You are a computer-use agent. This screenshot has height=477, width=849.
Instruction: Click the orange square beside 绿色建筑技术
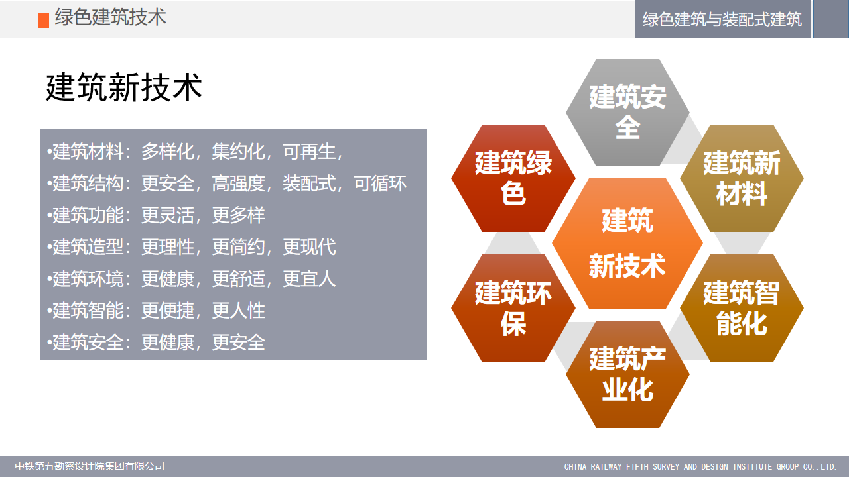(44, 21)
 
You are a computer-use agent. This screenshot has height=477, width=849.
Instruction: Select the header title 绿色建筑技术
(110, 17)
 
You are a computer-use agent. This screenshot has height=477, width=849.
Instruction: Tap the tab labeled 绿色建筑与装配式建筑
(722, 19)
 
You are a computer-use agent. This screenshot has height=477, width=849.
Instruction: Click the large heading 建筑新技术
(124, 87)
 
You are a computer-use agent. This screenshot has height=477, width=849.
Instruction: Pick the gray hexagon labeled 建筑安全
(627, 113)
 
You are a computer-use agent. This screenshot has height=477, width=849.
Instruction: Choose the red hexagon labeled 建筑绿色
(513, 178)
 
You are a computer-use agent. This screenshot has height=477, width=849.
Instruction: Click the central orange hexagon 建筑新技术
(627, 243)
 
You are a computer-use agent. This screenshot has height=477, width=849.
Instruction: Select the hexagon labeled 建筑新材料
(742, 178)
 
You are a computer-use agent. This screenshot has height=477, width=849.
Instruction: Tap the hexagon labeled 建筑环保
(513, 308)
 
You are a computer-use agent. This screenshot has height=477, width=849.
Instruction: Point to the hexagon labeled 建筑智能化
(742, 308)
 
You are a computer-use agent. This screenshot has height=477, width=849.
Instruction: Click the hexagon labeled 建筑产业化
(627, 374)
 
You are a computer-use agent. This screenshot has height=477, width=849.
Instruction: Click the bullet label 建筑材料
(88, 152)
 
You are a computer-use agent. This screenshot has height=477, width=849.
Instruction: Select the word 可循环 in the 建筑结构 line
(380, 184)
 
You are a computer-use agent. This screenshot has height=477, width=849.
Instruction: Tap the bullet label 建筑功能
(88, 215)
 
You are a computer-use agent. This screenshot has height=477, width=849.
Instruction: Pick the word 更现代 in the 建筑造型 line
(309, 247)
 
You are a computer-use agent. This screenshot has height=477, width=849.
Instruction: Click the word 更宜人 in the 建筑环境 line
(309, 279)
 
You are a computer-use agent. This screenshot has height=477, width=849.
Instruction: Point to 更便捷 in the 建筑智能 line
(168, 311)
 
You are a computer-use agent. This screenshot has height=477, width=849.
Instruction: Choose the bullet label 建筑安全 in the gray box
(88, 343)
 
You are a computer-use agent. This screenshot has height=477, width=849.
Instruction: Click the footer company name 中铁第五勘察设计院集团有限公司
(90, 466)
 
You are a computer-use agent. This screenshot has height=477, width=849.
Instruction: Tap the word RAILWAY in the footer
(606, 467)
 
